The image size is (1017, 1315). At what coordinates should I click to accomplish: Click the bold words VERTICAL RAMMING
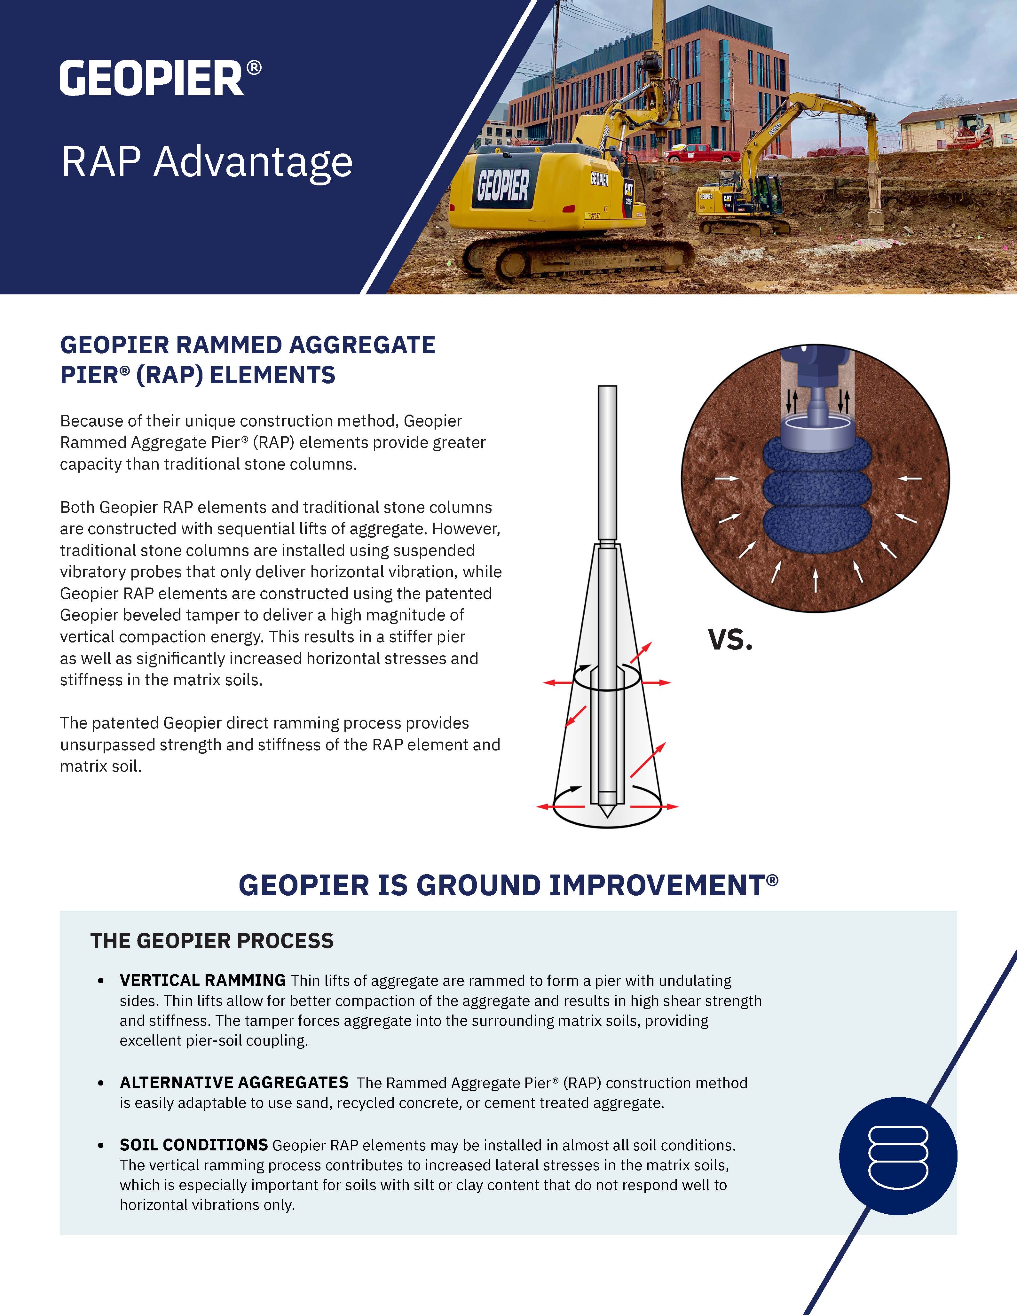pos(202,980)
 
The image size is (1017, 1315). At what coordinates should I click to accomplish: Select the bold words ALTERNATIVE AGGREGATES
pos(234,1083)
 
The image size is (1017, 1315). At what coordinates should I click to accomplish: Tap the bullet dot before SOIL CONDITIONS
pos(101,1146)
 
